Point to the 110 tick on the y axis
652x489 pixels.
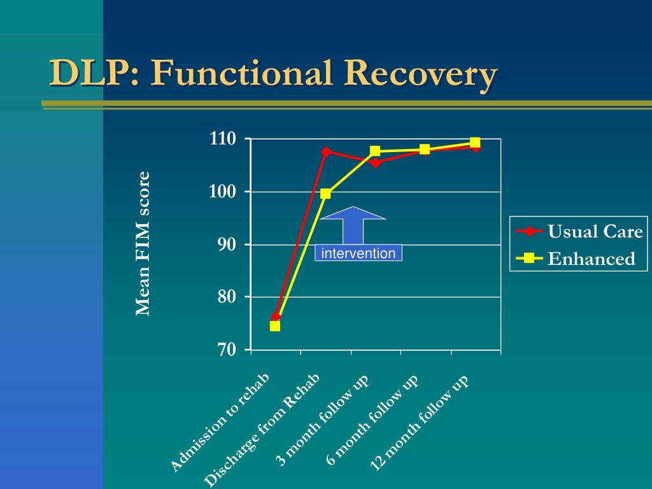[x=223, y=138]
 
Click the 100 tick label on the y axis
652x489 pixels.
[x=223, y=192]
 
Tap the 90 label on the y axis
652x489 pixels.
[x=227, y=244]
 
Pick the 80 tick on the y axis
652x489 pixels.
[x=227, y=297]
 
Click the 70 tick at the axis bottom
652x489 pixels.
[x=227, y=350]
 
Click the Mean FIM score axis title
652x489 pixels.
[x=143, y=244]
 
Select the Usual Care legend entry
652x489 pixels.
[x=579, y=231]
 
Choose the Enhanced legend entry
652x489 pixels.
[x=576, y=259]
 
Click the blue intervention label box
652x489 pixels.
[x=358, y=253]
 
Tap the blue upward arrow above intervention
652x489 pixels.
[x=353, y=225]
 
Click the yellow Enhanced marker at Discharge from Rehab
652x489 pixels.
[x=325, y=194]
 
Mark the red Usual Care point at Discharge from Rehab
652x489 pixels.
[x=326, y=152]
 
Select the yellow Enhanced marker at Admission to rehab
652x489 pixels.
[x=275, y=326]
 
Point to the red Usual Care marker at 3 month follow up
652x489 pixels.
[x=376, y=162]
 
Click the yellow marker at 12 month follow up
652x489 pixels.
[x=475, y=143]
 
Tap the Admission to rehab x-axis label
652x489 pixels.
[x=220, y=423]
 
